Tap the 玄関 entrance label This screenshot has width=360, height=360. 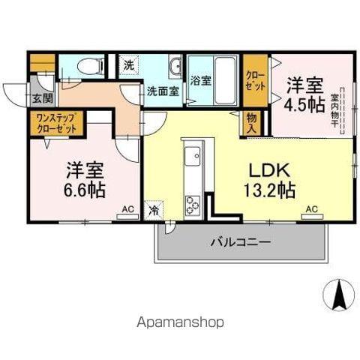coord(42,97)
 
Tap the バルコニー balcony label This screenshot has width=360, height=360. coord(240,242)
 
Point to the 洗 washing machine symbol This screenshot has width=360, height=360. coord(130,65)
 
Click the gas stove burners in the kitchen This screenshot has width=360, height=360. coord(191,203)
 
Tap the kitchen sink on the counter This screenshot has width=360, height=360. coord(191,158)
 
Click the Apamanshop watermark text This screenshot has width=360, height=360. coord(180,322)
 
